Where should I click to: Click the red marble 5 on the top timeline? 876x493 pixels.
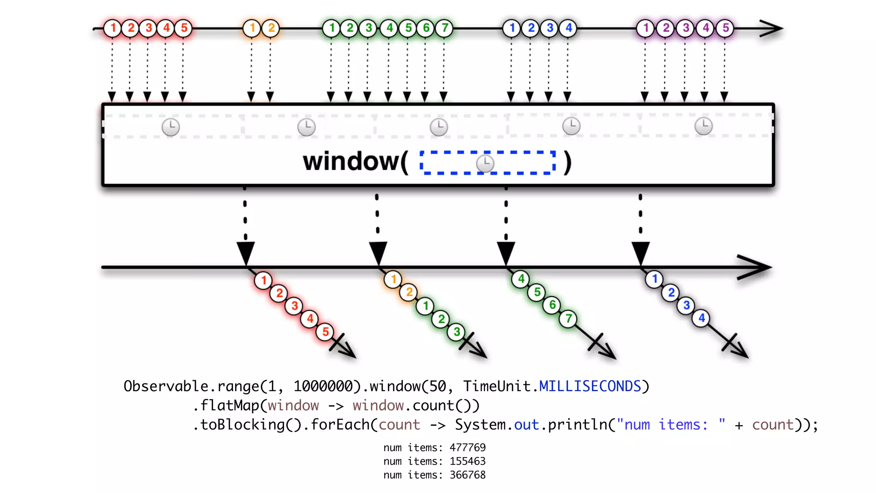coord(184,28)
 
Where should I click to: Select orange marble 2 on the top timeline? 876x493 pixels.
coord(271,28)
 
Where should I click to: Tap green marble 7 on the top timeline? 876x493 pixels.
coord(445,28)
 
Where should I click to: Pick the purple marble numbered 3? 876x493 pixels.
coord(686,28)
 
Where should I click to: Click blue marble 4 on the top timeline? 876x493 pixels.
coord(568,28)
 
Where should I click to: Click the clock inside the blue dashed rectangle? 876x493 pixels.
coord(485,163)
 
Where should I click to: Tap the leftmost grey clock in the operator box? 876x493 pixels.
coord(171,127)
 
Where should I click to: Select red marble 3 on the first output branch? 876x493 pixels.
coord(295,306)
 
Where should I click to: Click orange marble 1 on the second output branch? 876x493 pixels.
coord(393,279)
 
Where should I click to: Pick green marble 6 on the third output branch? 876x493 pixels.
coord(552,305)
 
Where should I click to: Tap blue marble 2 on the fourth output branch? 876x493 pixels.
coord(671,293)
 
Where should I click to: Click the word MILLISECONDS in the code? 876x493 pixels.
coord(590,386)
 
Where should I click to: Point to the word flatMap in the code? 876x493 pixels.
coord(230,406)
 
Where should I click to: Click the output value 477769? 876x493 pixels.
coord(468,448)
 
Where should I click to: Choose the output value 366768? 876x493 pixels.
coord(468,475)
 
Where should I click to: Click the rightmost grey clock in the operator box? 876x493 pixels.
coord(704,126)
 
